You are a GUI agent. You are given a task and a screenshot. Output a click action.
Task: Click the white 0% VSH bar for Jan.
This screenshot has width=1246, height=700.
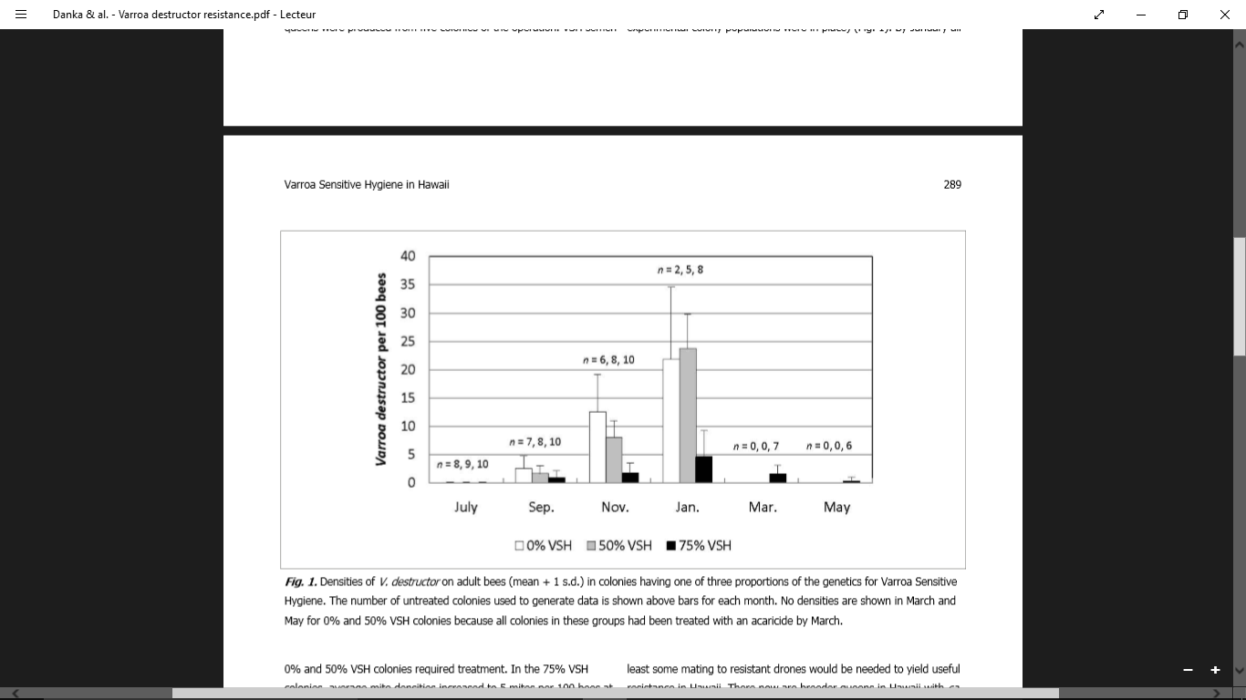pyautogui.click(x=671, y=420)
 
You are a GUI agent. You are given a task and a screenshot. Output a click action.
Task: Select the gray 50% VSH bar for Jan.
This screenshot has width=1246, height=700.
pyautogui.click(x=688, y=415)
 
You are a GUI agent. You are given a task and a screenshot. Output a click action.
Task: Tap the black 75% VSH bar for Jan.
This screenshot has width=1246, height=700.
pyautogui.click(x=704, y=469)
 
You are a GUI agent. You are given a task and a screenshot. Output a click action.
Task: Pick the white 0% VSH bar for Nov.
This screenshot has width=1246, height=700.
pyautogui.click(x=597, y=447)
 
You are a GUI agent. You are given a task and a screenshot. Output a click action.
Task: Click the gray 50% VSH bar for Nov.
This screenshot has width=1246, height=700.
pyautogui.click(x=614, y=459)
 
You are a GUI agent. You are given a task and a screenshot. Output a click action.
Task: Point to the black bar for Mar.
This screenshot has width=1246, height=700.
pyautogui.click(x=778, y=478)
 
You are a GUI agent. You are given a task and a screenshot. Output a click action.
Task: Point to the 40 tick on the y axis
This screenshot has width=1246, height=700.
pyautogui.click(x=407, y=256)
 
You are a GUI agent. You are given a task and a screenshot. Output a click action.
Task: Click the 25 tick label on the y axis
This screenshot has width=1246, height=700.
pyautogui.click(x=407, y=342)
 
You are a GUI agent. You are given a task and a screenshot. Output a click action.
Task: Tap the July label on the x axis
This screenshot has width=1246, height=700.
pyautogui.click(x=466, y=507)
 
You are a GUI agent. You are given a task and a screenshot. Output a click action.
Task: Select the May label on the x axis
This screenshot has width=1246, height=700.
pyautogui.click(x=836, y=507)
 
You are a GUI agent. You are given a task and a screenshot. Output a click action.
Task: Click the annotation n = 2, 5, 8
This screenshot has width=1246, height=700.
pyautogui.click(x=680, y=270)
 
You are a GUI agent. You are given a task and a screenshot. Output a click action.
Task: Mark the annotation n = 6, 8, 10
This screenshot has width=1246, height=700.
pyautogui.click(x=608, y=360)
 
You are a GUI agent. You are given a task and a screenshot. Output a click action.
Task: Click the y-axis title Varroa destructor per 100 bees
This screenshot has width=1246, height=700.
pyautogui.click(x=381, y=369)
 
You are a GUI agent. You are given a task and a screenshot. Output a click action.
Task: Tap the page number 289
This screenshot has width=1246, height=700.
pyautogui.click(x=952, y=184)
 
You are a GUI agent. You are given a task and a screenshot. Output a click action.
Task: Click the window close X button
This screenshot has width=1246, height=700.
pyautogui.click(x=1225, y=15)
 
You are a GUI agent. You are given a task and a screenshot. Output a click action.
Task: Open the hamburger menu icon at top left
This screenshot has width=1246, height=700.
pyautogui.click(x=21, y=15)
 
